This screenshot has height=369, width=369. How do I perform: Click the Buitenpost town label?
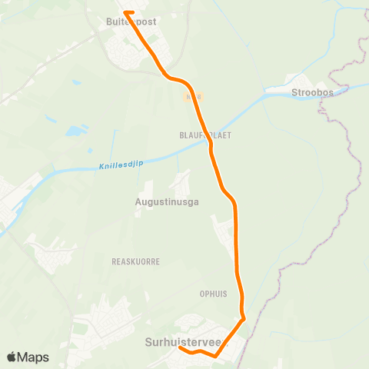click(131, 22)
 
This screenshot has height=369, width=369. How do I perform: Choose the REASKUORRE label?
click(135, 261)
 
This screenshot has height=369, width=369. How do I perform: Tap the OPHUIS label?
click(214, 294)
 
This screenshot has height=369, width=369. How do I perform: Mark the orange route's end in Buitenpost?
click(125, 12)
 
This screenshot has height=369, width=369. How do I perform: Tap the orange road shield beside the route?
click(193, 97)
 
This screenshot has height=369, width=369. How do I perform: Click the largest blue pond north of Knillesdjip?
click(75, 131)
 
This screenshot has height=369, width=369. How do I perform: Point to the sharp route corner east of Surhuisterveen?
click(244, 318)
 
